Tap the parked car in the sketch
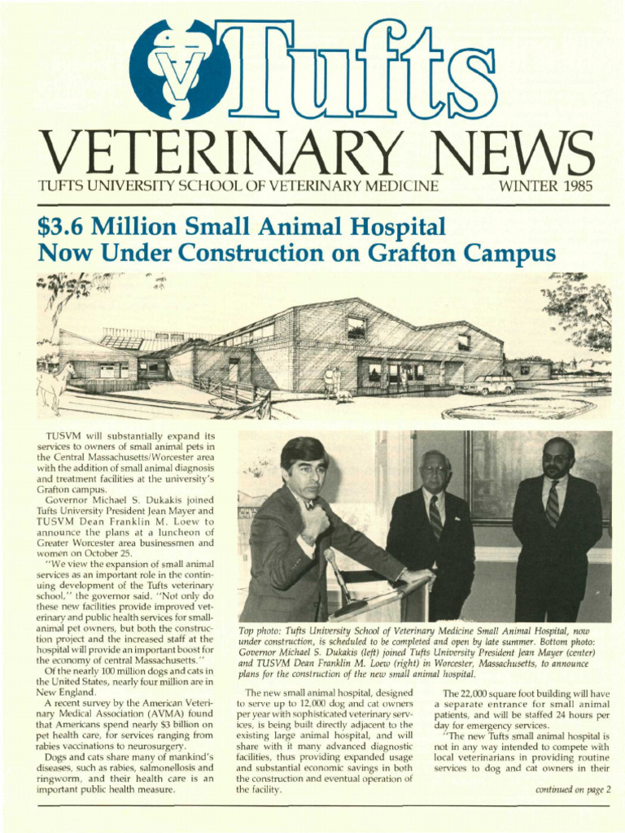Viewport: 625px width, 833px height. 488,384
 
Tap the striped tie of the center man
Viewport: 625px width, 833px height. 435,517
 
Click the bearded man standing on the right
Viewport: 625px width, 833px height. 557,521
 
